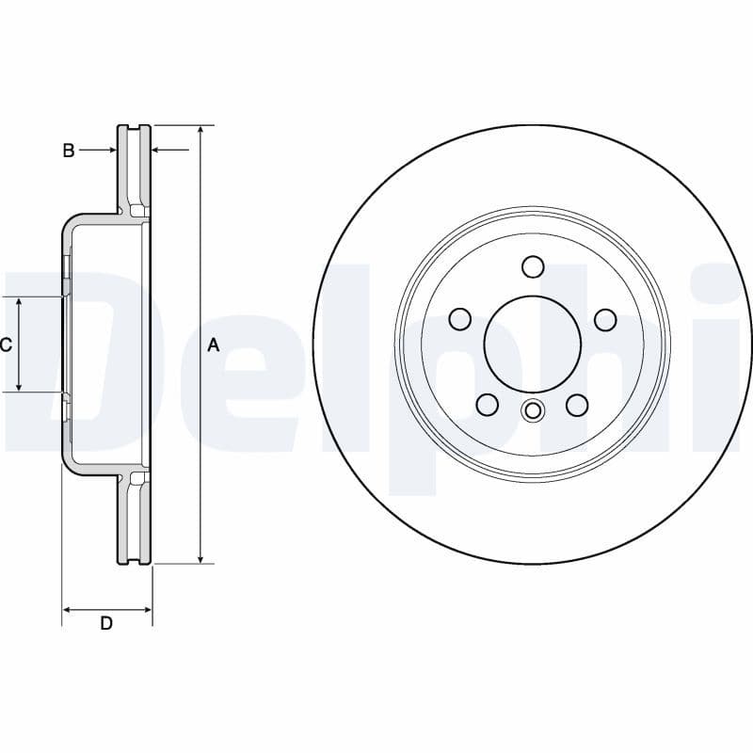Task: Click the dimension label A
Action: pos(213,345)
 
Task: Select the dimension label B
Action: pos(68,151)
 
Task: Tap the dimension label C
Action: pos(6,344)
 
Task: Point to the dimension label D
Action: pos(106,623)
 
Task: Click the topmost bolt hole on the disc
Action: pos(533,266)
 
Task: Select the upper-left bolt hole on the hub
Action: pos(459,319)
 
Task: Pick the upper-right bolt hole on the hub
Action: pos(605,319)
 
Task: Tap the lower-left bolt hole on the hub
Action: pos(487,405)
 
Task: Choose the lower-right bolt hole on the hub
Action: pos(577,405)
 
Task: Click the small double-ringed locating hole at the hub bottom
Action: pos(533,410)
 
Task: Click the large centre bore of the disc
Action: pos(532,344)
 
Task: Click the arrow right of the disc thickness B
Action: pos(158,150)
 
